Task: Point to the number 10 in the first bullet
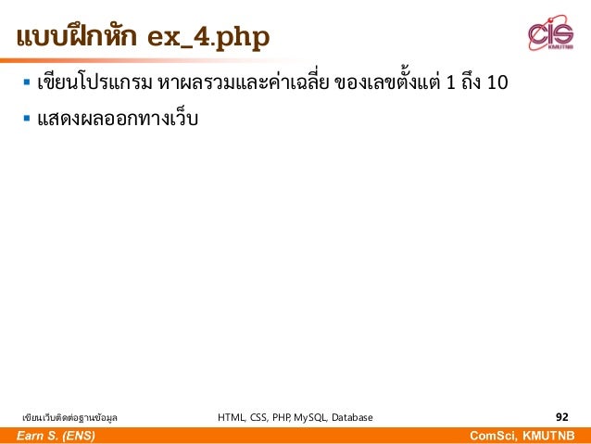(x=497, y=84)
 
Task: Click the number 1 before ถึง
(x=450, y=84)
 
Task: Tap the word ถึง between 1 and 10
(x=472, y=84)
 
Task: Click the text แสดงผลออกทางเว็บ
(x=118, y=120)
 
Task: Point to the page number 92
(x=561, y=417)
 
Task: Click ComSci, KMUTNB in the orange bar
(x=529, y=436)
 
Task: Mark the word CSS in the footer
(x=260, y=418)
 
